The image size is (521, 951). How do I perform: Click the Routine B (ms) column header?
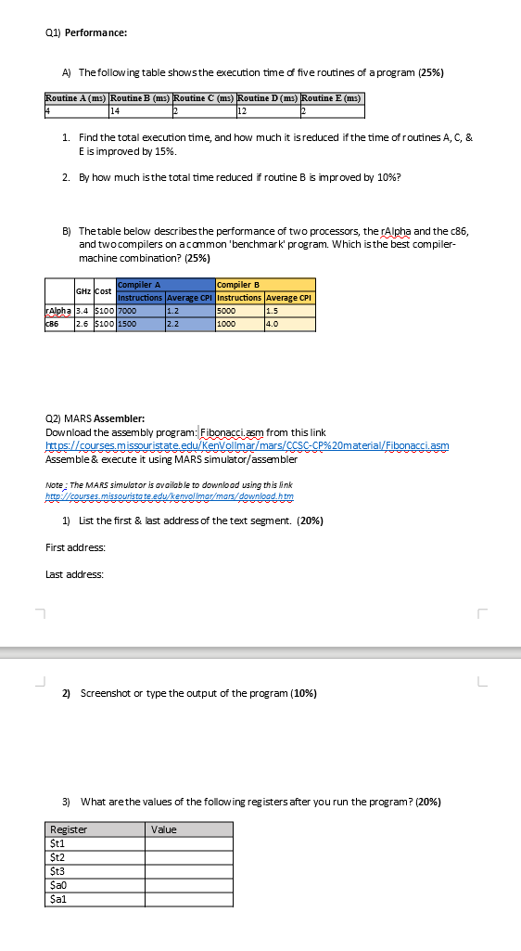[x=140, y=97]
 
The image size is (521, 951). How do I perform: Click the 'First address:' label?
[x=75, y=548]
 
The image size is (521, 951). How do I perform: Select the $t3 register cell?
[x=57, y=871]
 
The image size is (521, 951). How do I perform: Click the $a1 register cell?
[x=57, y=899]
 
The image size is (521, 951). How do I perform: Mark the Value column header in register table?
[x=164, y=829]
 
